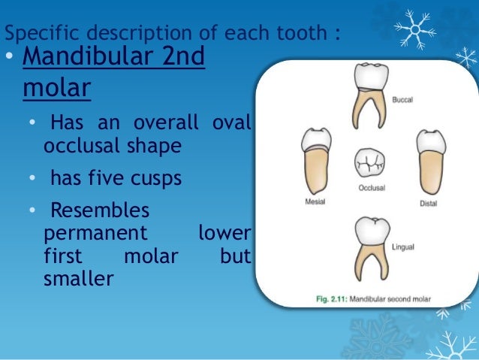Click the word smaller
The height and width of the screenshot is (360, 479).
pyautogui.click(x=78, y=278)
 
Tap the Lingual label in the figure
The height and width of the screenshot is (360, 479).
pyautogui.click(x=402, y=246)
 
